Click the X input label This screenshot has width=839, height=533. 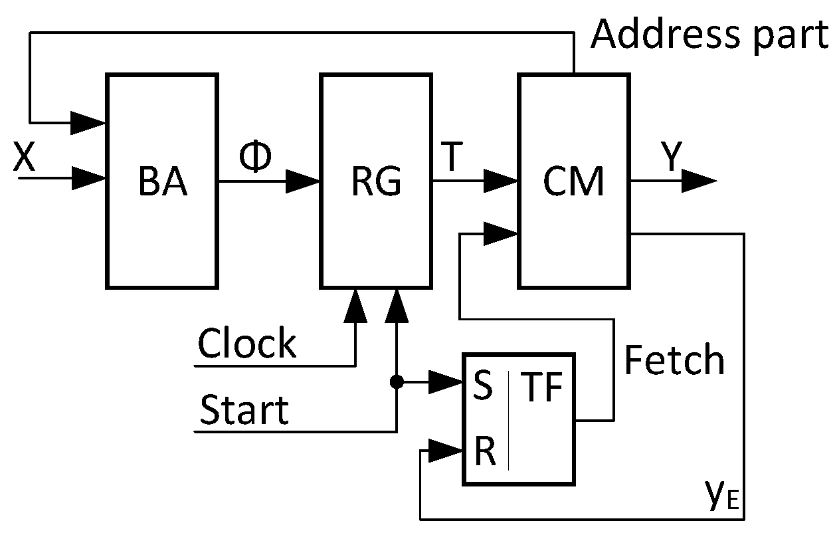coord(24,160)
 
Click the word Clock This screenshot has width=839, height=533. coord(247,344)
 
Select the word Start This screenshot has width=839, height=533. coord(244,409)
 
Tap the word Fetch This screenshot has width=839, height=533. coord(674,360)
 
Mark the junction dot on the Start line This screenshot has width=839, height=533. coord(397,381)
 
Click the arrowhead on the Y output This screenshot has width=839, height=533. coord(698,181)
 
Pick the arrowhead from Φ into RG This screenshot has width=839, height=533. coord(303,181)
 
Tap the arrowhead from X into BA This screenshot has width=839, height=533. coord(89,177)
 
